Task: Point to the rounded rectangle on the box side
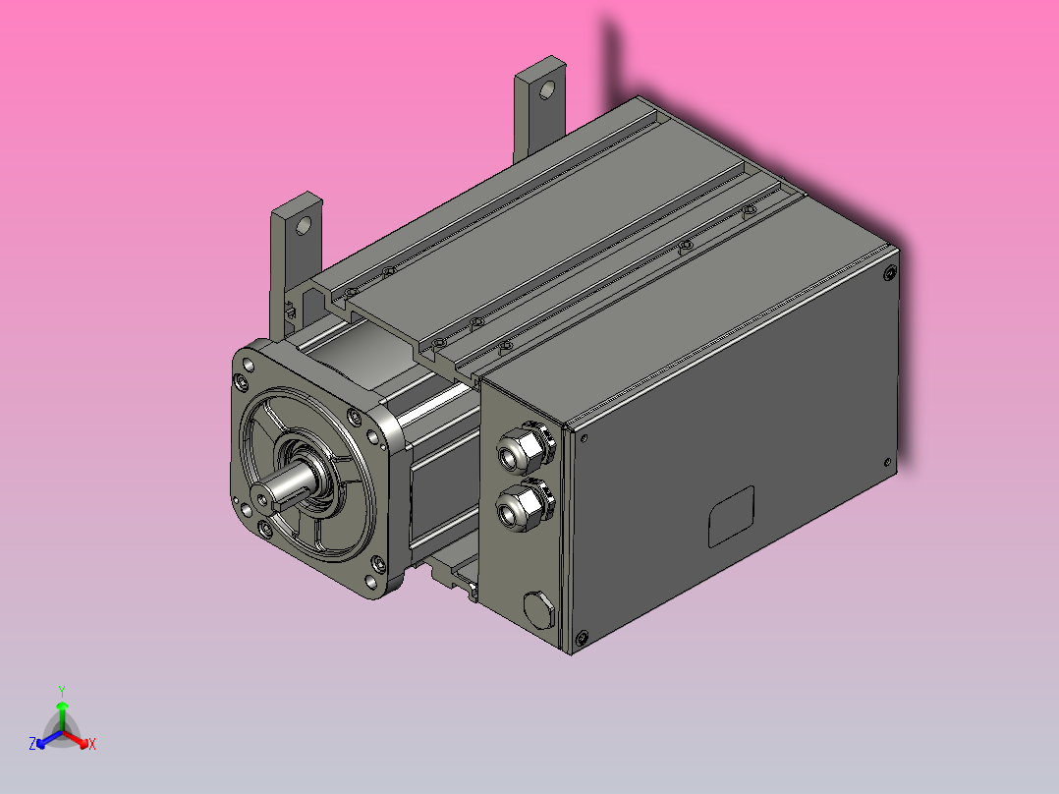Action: [731, 516]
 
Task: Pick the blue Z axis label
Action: [32, 744]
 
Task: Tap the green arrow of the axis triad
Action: [62, 708]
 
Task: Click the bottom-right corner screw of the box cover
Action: [887, 462]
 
